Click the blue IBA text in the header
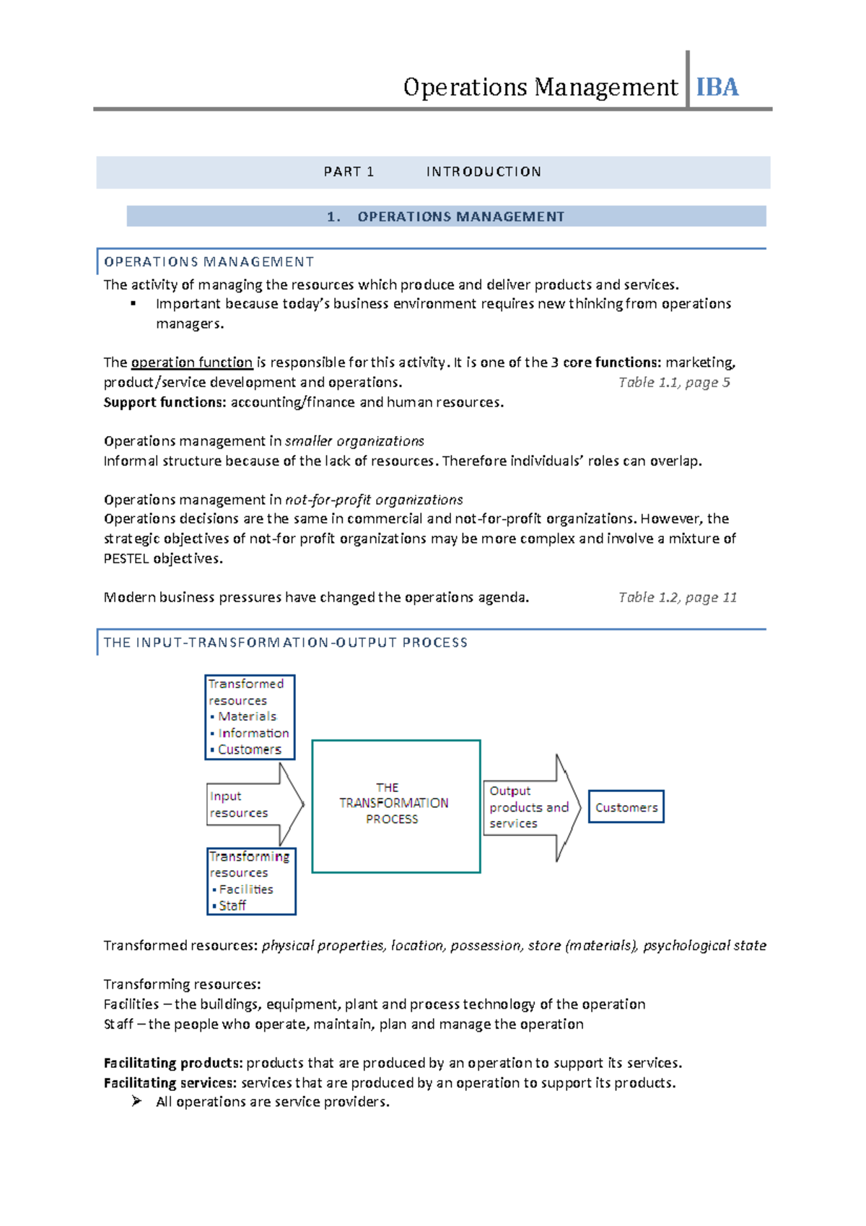717,87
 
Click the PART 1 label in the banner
349,172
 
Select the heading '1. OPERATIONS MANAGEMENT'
445,217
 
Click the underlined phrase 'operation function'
191,362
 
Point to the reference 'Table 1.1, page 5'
674,383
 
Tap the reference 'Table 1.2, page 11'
677,597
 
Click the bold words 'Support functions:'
165,402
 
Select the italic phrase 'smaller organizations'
354,441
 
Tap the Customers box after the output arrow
626,807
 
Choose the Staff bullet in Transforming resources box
232,905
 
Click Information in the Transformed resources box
253,733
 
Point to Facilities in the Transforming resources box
245,890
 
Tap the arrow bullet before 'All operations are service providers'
136,1101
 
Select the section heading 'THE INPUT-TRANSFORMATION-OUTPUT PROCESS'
285,643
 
